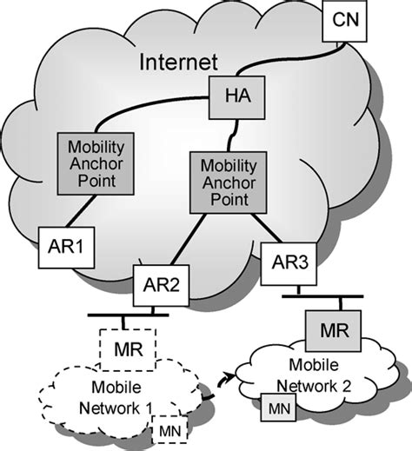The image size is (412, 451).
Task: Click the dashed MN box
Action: point(166,429)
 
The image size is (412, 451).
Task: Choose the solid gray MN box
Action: point(277,406)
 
